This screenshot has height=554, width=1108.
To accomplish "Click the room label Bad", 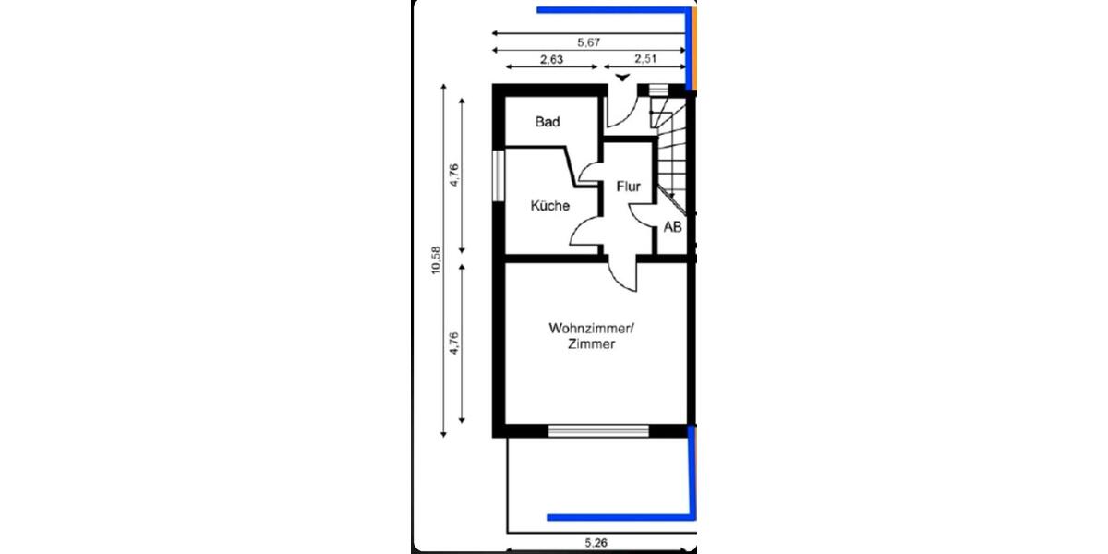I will click(x=548, y=122).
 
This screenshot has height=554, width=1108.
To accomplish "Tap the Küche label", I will click(x=549, y=206).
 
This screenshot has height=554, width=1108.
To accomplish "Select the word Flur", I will click(x=628, y=187).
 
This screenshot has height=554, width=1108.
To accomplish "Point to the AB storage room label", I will click(x=672, y=227).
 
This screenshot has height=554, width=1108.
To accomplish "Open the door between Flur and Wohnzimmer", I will click(x=624, y=271).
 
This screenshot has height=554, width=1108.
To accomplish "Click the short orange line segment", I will click(x=694, y=46).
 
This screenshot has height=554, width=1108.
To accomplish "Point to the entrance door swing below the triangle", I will click(x=620, y=111).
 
